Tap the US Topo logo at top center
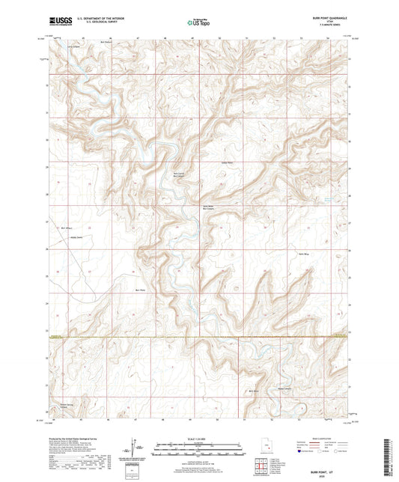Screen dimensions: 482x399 point(198,23)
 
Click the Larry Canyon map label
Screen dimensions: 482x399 point(73,46)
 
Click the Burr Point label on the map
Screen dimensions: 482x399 point(139,290)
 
